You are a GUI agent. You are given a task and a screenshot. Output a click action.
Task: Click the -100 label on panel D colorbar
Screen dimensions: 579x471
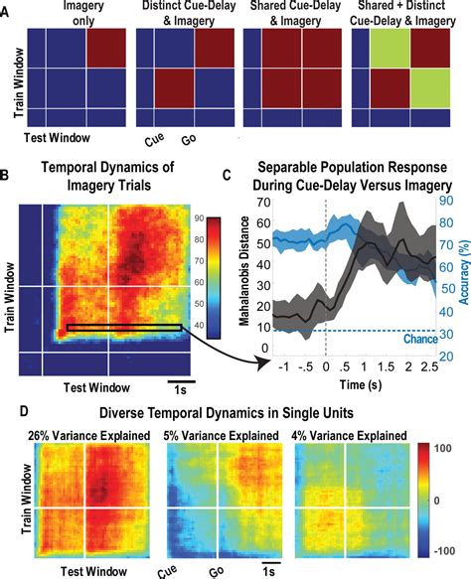(x=448, y=547)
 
